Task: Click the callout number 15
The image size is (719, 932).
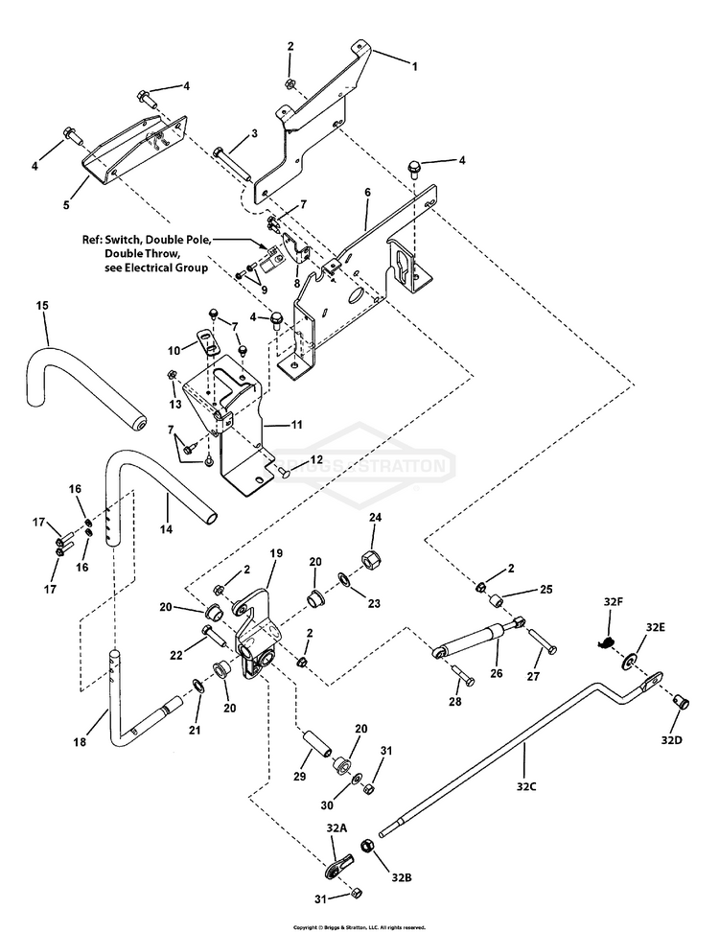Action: click(42, 305)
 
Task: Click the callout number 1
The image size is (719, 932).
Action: click(416, 66)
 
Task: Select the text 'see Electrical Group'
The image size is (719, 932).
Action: click(155, 269)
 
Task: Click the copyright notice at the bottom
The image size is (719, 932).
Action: click(359, 927)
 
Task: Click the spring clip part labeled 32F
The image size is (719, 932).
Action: click(605, 641)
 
